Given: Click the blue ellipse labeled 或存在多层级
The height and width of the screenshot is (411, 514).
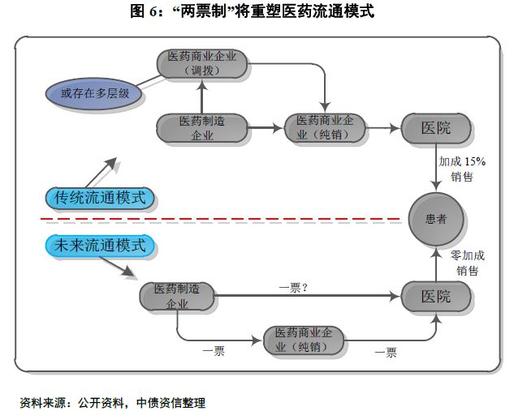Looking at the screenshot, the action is coord(93,93).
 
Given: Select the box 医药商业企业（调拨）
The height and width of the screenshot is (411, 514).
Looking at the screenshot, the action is coord(202,64).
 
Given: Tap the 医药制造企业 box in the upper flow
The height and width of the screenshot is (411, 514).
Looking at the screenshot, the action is coord(202,128).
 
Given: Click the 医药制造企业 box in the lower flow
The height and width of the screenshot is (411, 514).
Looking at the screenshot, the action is coord(177,297).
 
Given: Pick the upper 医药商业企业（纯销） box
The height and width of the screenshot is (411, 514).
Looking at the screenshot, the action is coord(325,128).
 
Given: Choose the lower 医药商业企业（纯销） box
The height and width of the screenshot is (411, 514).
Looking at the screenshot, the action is coord(304,340).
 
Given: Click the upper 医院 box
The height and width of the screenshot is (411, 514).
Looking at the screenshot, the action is coord(436,128).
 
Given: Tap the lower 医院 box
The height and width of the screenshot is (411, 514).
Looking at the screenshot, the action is coord(436,297).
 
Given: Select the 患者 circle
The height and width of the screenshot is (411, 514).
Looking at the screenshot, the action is coord(436,219).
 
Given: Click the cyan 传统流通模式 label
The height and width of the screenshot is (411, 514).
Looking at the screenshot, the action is coord(100,198).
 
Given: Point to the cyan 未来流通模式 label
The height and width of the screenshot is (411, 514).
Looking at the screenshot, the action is coord(100,246).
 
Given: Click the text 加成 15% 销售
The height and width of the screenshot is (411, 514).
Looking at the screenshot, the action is coord(462,169).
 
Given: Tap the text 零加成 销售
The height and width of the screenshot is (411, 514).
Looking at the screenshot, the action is coord(468,263).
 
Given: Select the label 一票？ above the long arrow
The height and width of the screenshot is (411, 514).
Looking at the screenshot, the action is coord(293,288).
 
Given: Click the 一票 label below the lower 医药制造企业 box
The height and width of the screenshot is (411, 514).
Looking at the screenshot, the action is coord(214,352).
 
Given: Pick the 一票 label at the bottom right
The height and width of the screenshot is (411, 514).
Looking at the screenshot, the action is coord(386,353).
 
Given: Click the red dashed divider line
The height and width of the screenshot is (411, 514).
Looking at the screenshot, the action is coord(220,219).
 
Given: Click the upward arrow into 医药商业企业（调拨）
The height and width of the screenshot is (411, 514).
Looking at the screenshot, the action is coord(202,96).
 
